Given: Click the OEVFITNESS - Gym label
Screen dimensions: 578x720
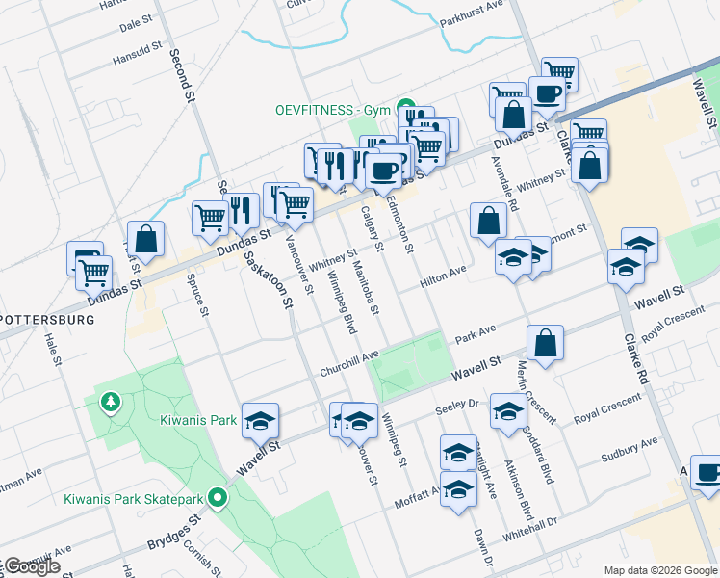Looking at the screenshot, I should tap(329, 110).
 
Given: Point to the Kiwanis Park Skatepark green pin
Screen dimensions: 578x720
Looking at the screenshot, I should tap(219, 499).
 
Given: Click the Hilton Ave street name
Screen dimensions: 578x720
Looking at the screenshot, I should tap(443, 277).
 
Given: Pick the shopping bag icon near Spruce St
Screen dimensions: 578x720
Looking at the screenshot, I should tap(145, 238).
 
